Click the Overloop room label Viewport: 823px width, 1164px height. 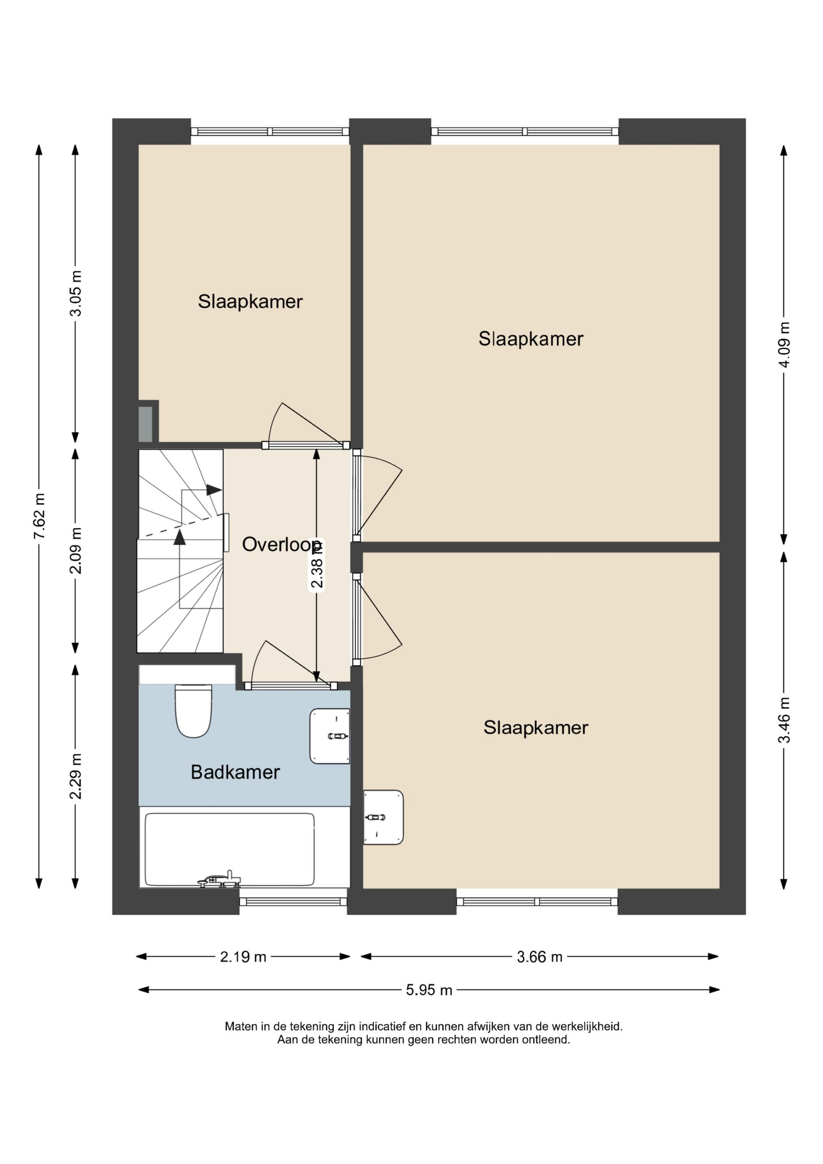282,544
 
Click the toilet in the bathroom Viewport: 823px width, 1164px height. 193,711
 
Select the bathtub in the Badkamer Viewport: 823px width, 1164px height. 230,849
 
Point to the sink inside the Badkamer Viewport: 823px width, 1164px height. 330,736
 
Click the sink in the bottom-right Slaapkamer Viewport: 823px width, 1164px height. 383,817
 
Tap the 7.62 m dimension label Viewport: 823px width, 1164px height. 40,516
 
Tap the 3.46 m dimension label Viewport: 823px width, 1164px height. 785,720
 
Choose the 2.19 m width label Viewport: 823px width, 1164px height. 243,957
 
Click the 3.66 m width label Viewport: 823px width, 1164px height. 540,957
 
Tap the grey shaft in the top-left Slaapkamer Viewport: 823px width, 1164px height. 146,424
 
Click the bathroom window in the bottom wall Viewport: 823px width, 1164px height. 293,901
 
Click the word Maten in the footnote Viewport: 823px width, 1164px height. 241,1026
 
